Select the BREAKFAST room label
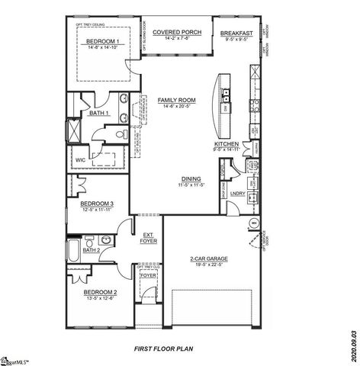pyautogui.click(x=236, y=33)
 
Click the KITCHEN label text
pyautogui.click(x=227, y=144)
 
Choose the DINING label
pyautogui.click(x=191, y=178)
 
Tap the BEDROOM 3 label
pyautogui.click(x=98, y=204)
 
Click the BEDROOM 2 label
pyautogui.click(x=100, y=292)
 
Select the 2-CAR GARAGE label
pyautogui.click(x=209, y=258)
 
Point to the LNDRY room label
pyautogui.click(x=236, y=194)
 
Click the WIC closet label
pyautogui.click(x=80, y=159)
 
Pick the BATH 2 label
pyautogui.click(x=92, y=249)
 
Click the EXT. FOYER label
pyautogui.click(x=149, y=237)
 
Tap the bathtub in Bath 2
pyautogui.click(x=73, y=247)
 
